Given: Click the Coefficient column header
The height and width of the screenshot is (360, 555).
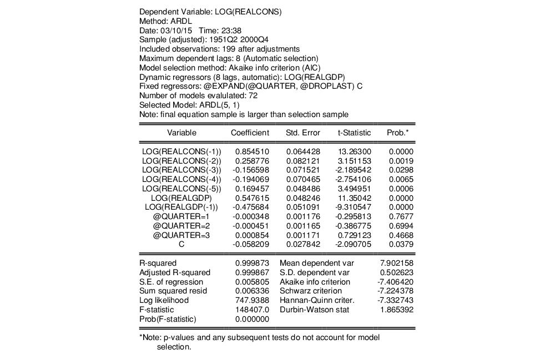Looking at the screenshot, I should pos(250,133).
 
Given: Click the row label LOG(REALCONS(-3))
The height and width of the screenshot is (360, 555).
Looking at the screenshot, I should pos(181,169).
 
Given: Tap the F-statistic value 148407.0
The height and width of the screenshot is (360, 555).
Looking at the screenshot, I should pos(253,310).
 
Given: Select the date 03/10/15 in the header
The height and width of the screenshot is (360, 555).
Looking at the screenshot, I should pos(171,30).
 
